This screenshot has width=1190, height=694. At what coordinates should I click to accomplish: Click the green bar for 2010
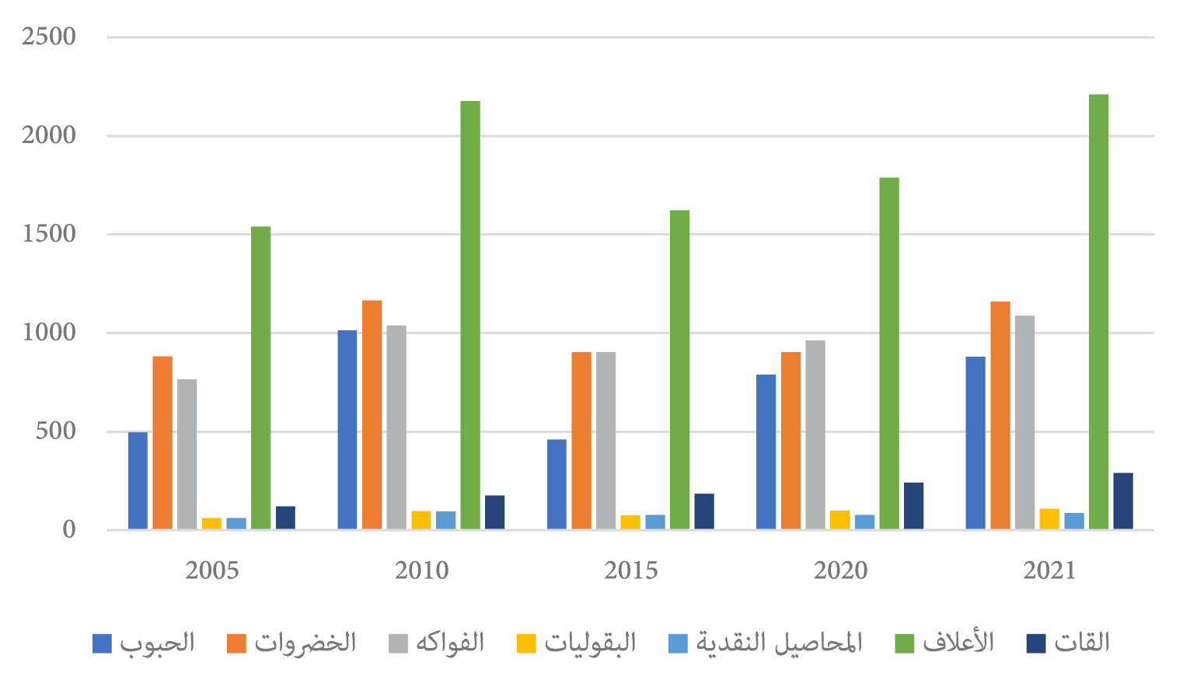click(x=470, y=315)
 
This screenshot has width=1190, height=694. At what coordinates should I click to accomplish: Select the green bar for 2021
click(x=1099, y=311)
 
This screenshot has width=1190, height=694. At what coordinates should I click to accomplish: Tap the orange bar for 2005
click(x=162, y=443)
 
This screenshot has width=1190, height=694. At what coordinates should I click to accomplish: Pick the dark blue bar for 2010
click(x=495, y=512)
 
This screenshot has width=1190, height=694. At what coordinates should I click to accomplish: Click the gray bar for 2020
click(x=815, y=435)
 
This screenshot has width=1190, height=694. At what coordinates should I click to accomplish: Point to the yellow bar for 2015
click(x=630, y=522)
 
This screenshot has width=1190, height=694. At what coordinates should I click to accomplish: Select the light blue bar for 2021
click(x=1074, y=521)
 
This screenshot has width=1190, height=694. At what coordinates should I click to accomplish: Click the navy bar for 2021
click(x=1123, y=501)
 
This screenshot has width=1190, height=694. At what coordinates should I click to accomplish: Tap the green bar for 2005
click(x=261, y=378)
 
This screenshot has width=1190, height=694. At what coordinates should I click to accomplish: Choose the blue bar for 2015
click(x=557, y=484)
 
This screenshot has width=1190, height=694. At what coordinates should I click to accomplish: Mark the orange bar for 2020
click(x=791, y=441)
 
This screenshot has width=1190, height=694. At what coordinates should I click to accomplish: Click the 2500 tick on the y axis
click(x=48, y=37)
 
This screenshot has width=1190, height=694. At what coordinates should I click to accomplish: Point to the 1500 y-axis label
click(x=48, y=234)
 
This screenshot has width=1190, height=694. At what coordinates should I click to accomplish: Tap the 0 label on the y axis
click(x=69, y=530)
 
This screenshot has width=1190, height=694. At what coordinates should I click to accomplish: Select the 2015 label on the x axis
click(x=630, y=571)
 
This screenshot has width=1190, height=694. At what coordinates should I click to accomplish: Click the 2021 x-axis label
click(x=1049, y=571)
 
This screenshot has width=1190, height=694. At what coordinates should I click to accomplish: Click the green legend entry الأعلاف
click(x=958, y=643)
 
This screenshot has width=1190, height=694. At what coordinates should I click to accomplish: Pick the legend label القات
click(x=1082, y=643)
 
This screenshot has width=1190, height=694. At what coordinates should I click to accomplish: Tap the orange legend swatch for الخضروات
click(x=237, y=643)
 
